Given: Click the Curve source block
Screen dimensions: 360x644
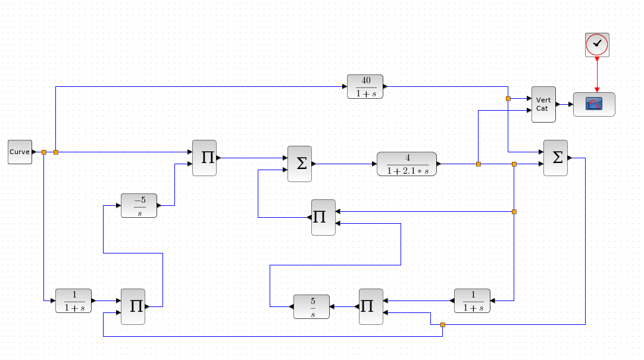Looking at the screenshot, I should (20, 152).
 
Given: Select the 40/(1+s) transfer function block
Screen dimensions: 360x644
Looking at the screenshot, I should (365, 86).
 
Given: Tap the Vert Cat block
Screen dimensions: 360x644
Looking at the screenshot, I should (543, 104).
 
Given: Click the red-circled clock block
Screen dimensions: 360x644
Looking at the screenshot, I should (597, 45).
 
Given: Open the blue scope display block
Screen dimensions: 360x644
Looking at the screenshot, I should (594, 104).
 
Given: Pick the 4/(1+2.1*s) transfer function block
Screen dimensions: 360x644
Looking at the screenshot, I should (407, 164).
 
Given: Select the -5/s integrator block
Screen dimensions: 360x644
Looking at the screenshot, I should (139, 205).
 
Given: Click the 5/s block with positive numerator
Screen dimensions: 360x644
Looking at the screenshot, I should (311, 306).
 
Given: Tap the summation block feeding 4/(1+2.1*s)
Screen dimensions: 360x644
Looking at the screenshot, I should (299, 164).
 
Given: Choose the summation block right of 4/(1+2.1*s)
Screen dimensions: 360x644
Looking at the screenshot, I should (555, 158).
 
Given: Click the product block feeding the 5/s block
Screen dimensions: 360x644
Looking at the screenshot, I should (371, 306).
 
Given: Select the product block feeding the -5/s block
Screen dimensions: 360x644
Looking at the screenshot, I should (133, 306).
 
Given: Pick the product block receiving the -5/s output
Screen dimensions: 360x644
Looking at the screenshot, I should (204, 158).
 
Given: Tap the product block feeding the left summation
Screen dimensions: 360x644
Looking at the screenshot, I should (323, 217).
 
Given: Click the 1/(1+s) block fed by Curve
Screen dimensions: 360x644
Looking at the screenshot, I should (73, 300).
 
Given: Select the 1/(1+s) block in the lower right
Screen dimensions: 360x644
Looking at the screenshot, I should (472, 300).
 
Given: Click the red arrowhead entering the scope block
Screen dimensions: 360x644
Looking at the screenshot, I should (597, 89).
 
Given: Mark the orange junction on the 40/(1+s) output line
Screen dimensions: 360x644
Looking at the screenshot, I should (508, 98).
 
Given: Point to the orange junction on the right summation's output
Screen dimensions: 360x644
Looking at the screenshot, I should (442, 324).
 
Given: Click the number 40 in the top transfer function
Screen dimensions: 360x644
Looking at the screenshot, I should (365, 81).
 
